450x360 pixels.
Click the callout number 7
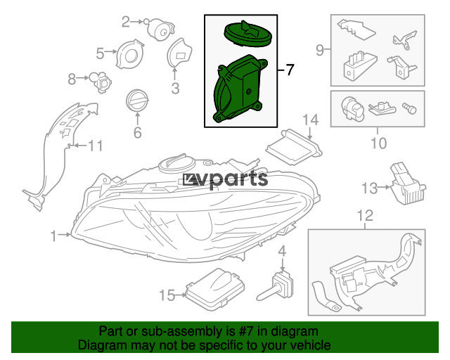290,70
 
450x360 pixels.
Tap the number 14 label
310,120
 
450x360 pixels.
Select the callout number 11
96,146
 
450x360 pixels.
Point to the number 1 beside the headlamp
53,236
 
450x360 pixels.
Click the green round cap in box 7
247,33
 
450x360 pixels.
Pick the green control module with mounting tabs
240,89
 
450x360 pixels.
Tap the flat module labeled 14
294,147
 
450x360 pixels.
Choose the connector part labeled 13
407,184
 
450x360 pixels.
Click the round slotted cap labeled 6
137,101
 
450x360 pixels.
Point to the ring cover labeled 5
130,54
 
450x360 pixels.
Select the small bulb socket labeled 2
160,29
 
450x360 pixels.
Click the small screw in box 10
410,108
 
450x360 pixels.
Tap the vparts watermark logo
225,179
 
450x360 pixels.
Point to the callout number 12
365,216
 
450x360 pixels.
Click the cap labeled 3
179,53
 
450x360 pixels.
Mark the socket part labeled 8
101,82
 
